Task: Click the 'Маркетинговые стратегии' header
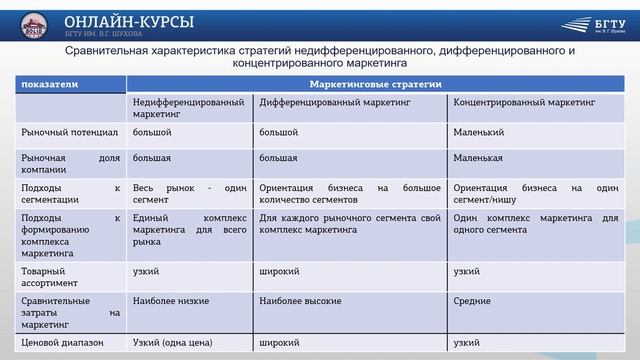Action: coord(376,85)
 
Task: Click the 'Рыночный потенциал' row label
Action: coord(63,132)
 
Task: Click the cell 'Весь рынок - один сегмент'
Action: coord(188,193)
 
